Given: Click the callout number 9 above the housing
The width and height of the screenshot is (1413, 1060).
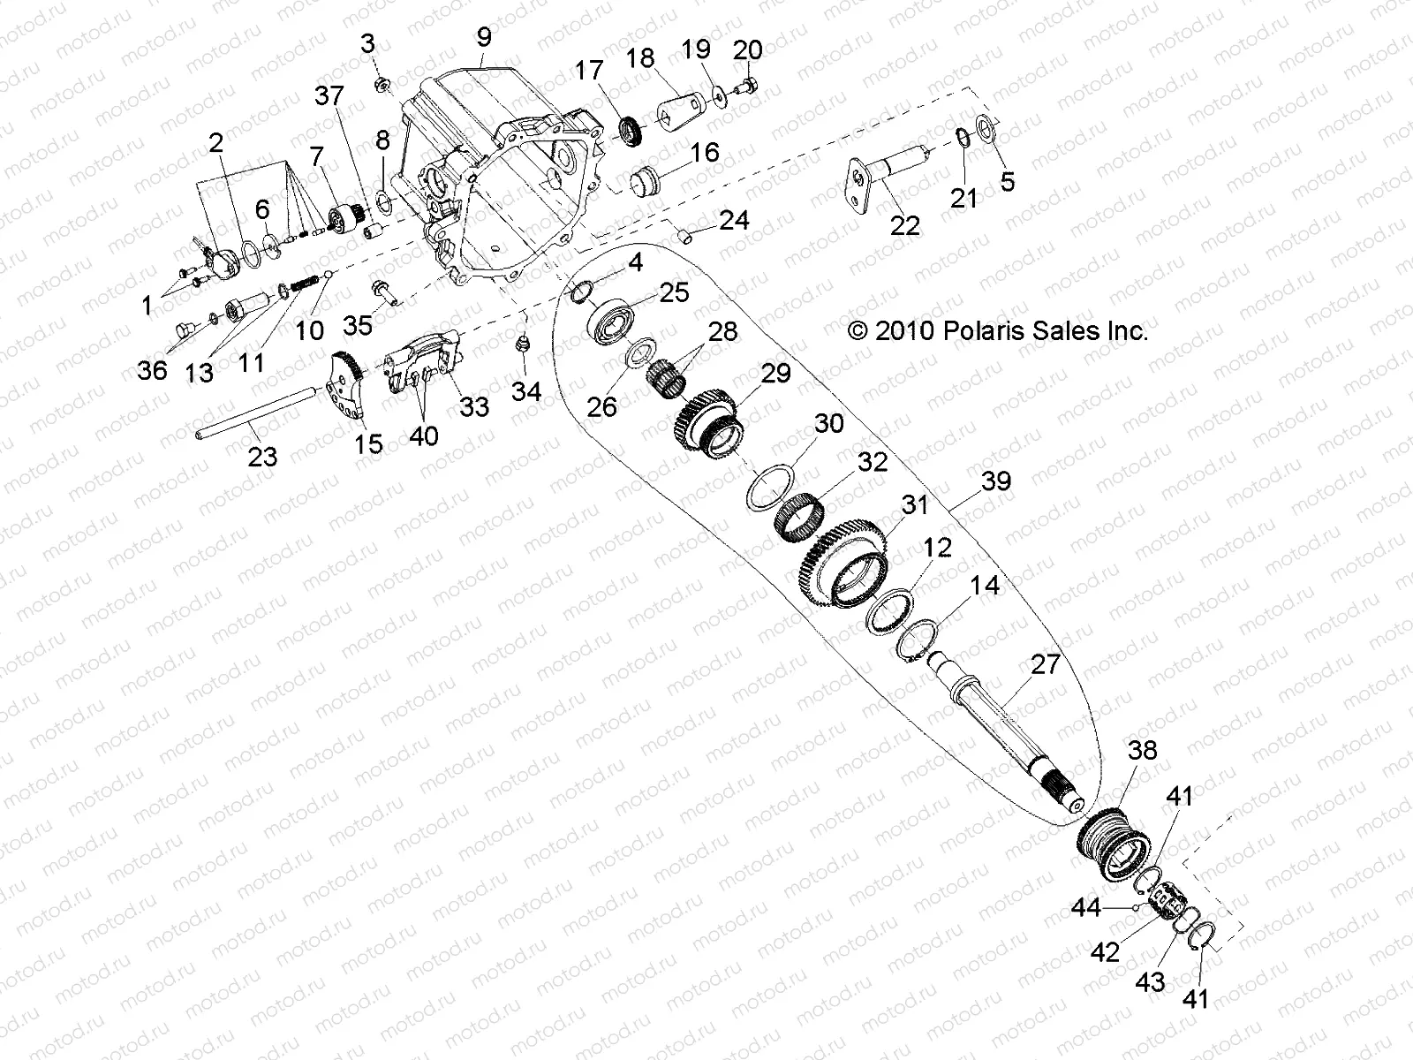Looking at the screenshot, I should pyautogui.click(x=483, y=37).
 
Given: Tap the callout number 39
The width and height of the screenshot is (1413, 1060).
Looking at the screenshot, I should pyautogui.click(x=995, y=481).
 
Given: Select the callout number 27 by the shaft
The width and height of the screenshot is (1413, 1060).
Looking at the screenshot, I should pyautogui.click(x=1045, y=663).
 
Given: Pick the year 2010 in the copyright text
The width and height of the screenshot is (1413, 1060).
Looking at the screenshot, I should pyautogui.click(x=905, y=331).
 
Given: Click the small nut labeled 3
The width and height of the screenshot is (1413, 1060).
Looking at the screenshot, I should pyautogui.click(x=383, y=84).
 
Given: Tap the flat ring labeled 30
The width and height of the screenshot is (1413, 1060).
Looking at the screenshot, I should pyautogui.click(x=768, y=487).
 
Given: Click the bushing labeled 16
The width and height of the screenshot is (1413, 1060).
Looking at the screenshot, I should pyautogui.click(x=646, y=182).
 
